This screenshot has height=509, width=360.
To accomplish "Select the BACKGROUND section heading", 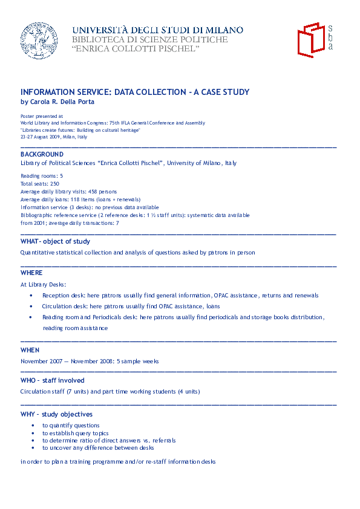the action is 42,155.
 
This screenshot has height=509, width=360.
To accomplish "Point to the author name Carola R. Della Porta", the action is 66,102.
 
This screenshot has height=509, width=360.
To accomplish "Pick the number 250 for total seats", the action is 54,183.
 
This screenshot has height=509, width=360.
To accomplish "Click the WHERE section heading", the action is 31,273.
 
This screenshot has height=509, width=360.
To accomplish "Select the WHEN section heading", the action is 30,350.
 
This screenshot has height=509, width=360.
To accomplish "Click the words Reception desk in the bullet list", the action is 63,296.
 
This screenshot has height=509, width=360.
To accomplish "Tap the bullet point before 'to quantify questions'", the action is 32,426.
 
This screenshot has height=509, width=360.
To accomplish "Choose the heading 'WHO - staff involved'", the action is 53,381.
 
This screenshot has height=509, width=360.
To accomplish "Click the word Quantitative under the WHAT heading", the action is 38,253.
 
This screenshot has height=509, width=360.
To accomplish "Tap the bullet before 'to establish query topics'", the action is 32,433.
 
